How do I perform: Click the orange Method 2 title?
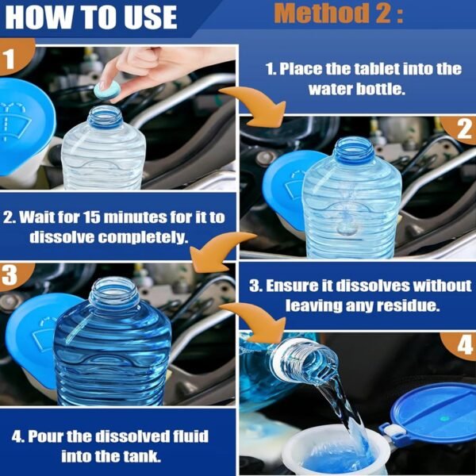click(x=339, y=16)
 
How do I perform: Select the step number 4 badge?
click(x=463, y=346)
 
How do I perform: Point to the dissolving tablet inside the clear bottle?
click(x=347, y=226)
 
